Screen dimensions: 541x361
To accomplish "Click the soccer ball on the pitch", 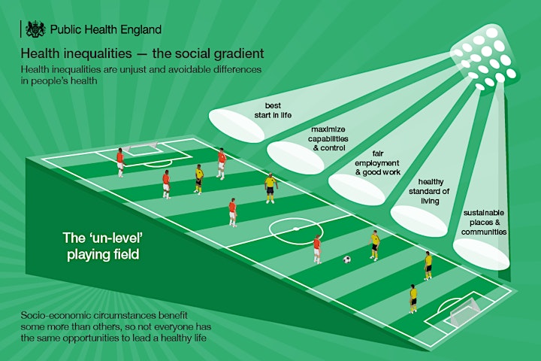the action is [347, 259].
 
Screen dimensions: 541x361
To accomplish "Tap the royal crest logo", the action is [35, 29].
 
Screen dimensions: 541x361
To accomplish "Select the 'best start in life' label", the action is [273, 111].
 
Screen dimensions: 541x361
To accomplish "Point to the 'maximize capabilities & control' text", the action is [328, 138].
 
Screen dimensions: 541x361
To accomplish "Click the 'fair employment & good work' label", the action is [377, 162].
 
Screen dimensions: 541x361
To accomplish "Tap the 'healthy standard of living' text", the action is [429, 191].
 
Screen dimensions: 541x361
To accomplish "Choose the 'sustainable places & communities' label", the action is [484, 222].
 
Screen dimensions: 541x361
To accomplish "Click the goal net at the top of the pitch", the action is [141, 146].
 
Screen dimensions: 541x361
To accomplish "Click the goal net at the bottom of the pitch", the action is [464, 311].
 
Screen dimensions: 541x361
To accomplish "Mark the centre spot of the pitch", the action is [296, 229].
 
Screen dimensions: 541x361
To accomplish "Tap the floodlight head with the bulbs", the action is [485, 58].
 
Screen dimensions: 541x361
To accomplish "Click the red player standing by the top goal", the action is [120, 162].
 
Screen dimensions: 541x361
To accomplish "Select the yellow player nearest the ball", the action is [375, 245].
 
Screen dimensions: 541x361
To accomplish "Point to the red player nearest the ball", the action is [317, 249].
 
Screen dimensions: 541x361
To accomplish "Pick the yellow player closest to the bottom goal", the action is [413, 299].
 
